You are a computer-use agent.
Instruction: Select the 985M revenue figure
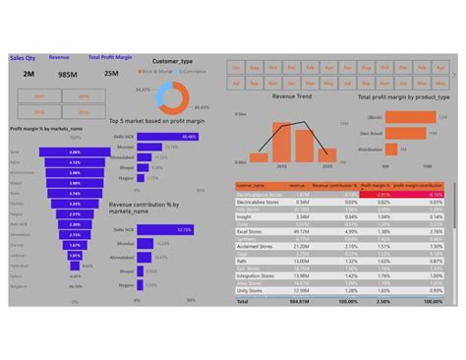67,74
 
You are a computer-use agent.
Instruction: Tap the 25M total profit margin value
111,74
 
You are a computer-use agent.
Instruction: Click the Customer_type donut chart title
172,62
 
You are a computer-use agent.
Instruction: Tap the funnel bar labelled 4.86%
75,152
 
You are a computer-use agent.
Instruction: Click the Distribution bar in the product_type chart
393,150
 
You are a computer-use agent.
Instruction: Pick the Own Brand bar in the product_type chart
401,115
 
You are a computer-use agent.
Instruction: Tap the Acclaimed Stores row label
255,240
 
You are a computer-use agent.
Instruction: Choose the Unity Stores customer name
252,291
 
